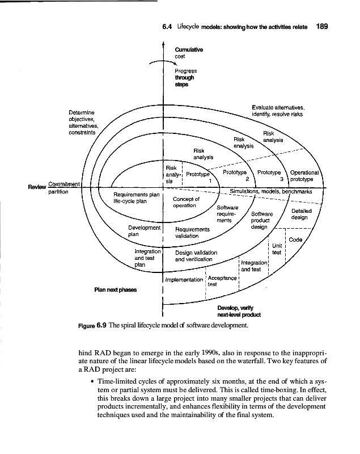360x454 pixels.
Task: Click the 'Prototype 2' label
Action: [235, 175]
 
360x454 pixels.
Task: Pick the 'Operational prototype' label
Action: [305, 176]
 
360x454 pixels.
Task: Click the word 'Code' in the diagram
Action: [295, 239]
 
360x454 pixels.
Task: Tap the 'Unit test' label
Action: [277, 249]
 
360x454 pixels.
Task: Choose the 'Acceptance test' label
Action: [221, 281]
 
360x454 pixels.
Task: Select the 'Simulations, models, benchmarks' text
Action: [272, 191]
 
